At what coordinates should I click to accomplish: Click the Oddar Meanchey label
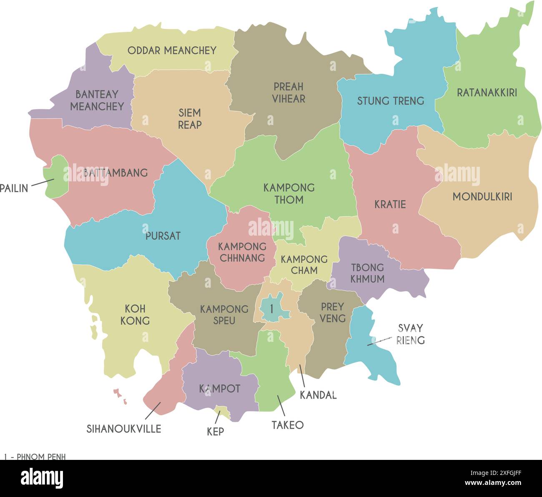pyautogui.click(x=172, y=50)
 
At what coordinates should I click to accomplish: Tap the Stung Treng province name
pyautogui.click(x=390, y=101)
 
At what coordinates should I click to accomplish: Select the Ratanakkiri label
pyautogui.click(x=487, y=93)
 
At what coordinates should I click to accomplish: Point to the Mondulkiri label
pyautogui.click(x=482, y=197)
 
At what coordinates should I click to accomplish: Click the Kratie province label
pyautogui.click(x=390, y=204)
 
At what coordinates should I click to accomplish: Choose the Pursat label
pyautogui.click(x=163, y=236)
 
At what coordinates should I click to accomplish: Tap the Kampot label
pyautogui.click(x=219, y=389)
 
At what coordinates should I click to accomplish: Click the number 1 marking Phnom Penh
pyautogui.click(x=271, y=309)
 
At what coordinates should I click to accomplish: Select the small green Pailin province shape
pyautogui.click(x=56, y=177)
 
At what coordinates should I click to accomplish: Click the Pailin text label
pyautogui.click(x=14, y=188)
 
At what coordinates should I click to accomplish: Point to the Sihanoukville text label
pyautogui.click(x=124, y=429)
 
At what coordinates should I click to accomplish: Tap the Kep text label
pyautogui.click(x=216, y=432)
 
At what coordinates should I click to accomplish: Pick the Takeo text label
pyautogui.click(x=288, y=425)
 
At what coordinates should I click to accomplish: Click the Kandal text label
pyautogui.click(x=318, y=395)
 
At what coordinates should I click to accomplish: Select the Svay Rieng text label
pyautogui.click(x=410, y=334)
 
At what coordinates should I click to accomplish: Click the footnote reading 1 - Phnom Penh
pyautogui.click(x=35, y=457)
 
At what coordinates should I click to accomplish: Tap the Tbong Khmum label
pyautogui.click(x=367, y=273)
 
